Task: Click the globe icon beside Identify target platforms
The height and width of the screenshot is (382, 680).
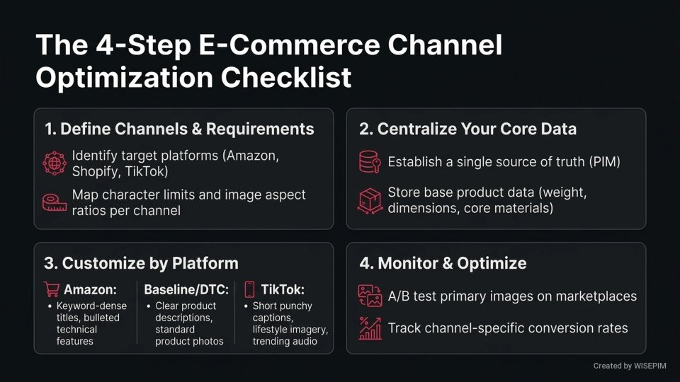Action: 55,162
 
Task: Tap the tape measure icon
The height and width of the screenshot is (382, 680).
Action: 55,202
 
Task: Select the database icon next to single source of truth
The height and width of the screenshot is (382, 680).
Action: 370,162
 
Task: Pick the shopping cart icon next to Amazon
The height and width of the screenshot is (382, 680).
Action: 52,289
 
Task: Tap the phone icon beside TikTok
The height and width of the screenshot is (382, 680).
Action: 249,289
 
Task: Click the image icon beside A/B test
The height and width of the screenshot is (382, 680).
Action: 370,296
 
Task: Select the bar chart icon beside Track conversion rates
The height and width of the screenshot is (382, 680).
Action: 370,328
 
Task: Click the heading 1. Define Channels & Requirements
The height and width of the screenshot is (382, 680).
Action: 178,129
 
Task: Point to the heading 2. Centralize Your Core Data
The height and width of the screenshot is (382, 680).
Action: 467,129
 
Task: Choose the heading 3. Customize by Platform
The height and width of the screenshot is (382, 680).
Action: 141,263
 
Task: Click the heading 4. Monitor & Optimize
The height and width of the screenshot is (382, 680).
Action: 443,263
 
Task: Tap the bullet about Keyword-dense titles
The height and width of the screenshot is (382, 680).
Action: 88,323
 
